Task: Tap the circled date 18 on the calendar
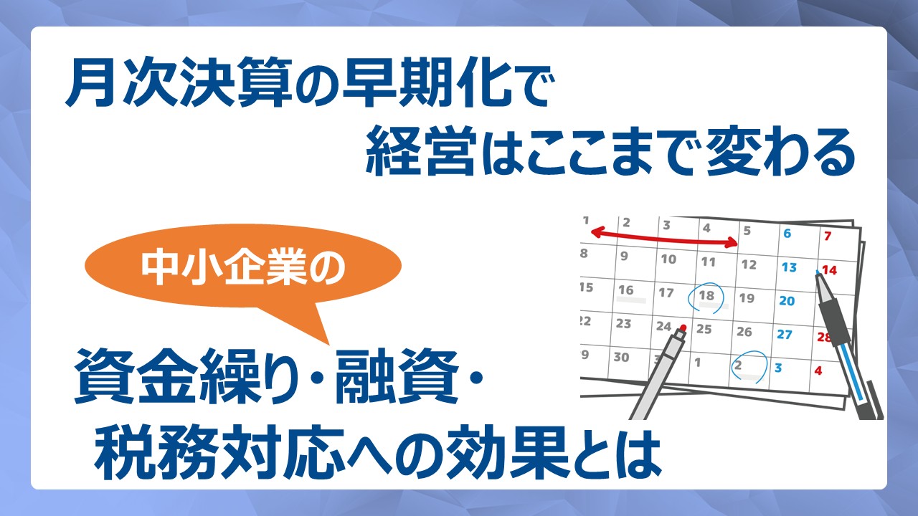pyautogui.click(x=706, y=295)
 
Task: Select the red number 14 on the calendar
pyautogui.click(x=830, y=270)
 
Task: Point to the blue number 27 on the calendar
pyautogui.click(x=785, y=335)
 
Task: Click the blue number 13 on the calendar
pyautogui.click(x=789, y=267)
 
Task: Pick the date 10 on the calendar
pyautogui.click(x=668, y=259)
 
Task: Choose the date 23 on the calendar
pyautogui.click(x=623, y=323)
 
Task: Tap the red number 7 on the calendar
pyautogui.click(x=828, y=236)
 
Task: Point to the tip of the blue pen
pyautogui.click(x=817, y=271)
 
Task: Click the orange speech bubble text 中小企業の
pyautogui.click(x=243, y=267)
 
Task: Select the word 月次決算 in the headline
pyautogui.click(x=179, y=86)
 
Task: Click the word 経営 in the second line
pyautogui.click(x=421, y=152)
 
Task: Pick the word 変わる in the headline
pyautogui.click(x=779, y=152)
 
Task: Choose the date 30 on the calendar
pyautogui.click(x=621, y=358)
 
